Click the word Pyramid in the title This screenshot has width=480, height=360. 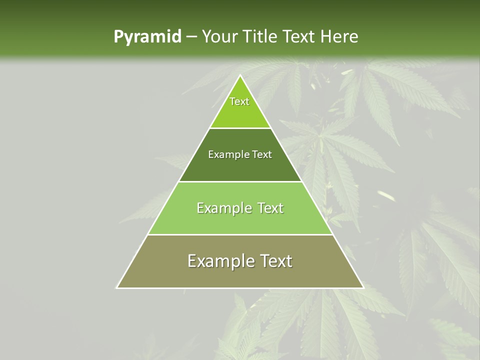point(147,37)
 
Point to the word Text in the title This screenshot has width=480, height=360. point(300,37)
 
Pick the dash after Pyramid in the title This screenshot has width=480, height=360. point(191,37)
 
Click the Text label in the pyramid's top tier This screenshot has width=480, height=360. point(239,101)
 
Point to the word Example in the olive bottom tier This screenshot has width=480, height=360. point(220,261)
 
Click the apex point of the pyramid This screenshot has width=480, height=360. point(240,75)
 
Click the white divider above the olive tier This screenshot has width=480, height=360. point(240,234)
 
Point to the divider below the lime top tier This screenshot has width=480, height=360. point(240,128)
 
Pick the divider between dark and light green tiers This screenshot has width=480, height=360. point(240,181)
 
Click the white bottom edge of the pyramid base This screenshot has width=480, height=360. point(240,288)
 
